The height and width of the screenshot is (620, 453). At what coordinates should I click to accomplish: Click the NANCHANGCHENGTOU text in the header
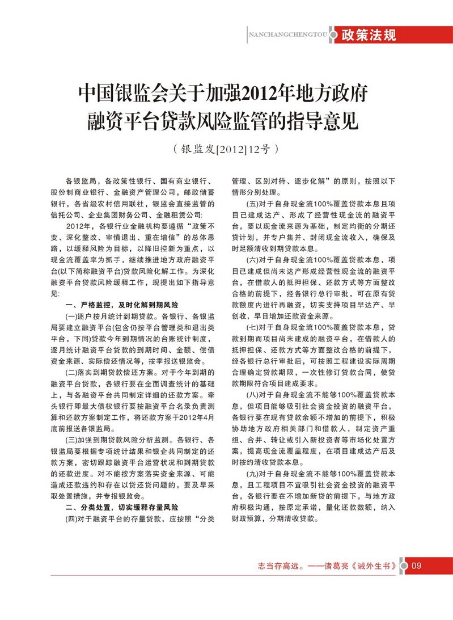[289, 35]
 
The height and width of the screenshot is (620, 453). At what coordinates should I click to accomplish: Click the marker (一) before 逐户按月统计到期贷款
[74, 316]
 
